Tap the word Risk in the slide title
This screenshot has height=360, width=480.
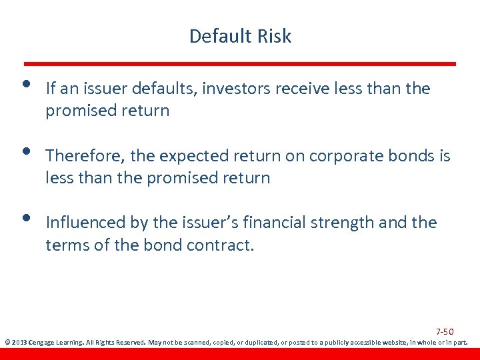coord(275,36)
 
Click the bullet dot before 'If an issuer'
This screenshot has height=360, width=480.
coord(25,85)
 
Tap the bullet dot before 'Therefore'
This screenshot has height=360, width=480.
coord(25,152)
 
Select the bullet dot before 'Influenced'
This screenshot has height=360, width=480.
coord(25,218)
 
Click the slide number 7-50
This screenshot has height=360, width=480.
coord(445,331)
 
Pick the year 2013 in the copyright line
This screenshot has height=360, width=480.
coord(19,343)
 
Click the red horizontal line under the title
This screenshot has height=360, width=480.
coord(240,64)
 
